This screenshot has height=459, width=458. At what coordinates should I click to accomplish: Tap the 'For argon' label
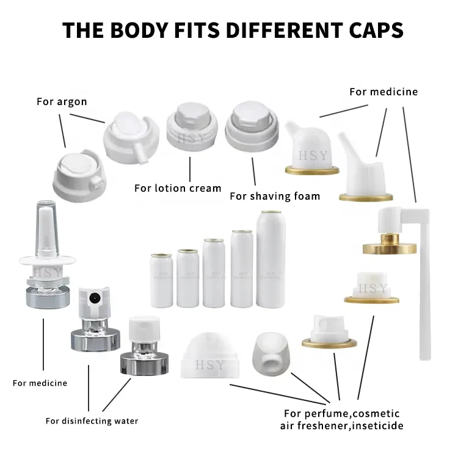tap(62, 101)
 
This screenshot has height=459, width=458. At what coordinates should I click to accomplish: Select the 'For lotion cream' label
tap(178, 188)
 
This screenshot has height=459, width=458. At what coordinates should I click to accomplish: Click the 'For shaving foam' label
tap(275, 196)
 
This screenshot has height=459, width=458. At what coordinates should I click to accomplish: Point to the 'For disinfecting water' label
tap(92, 421)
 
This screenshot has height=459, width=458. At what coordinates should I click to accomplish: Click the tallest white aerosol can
tap(271, 259)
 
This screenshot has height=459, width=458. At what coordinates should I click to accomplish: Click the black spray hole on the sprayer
tap(93, 299)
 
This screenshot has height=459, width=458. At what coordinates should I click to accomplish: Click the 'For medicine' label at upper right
tap(383, 92)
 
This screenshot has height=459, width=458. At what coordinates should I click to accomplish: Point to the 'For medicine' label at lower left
tap(40, 383)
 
